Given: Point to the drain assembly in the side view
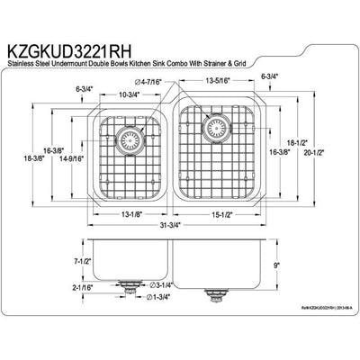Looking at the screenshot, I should coord(133,289).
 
